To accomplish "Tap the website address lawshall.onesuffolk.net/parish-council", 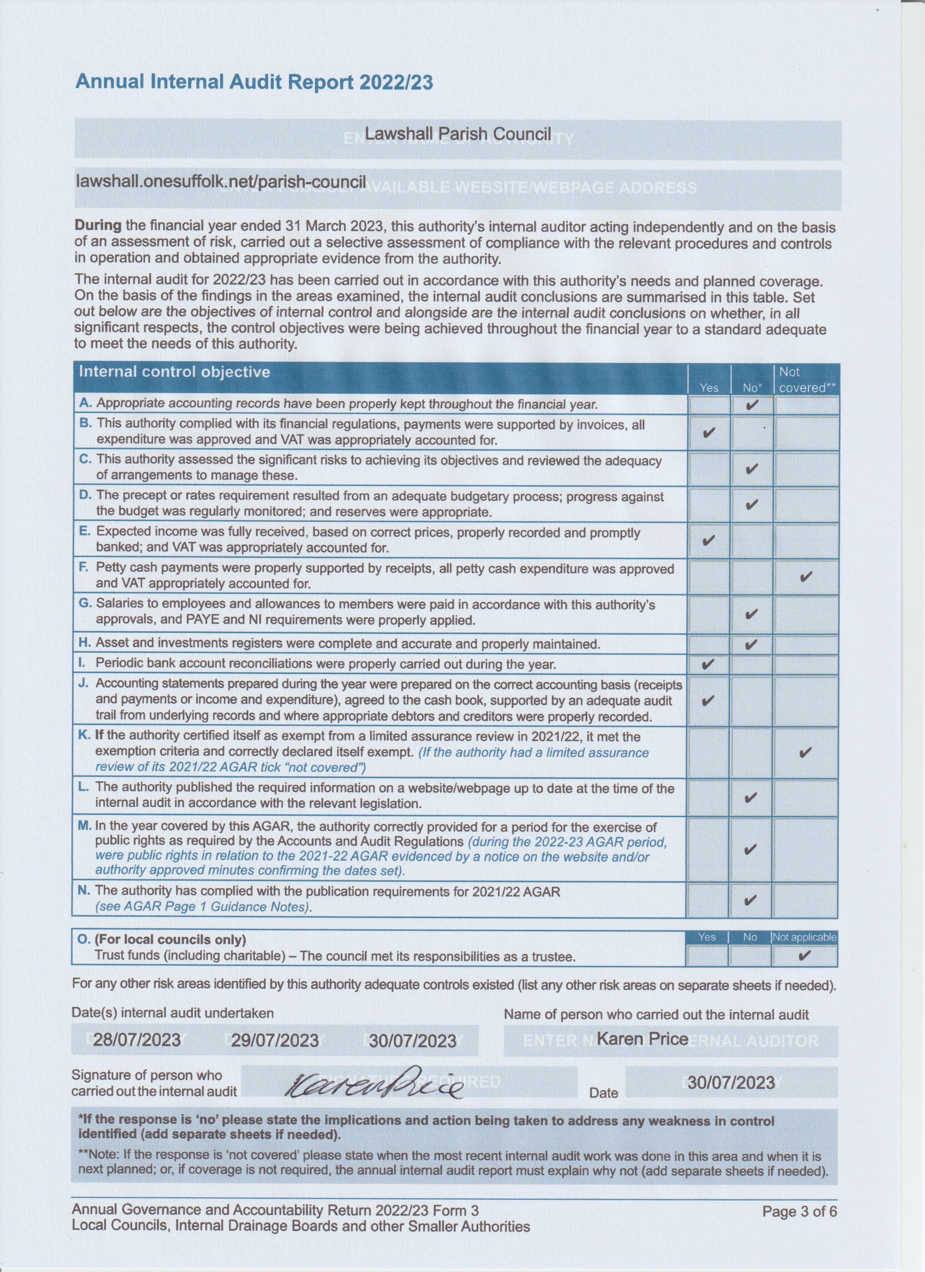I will coord(221,182).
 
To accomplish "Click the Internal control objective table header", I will coord(174,372).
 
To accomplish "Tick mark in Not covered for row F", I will coord(806,576).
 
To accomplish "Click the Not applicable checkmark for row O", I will coord(805,955).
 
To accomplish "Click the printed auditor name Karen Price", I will coord(642,1039).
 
